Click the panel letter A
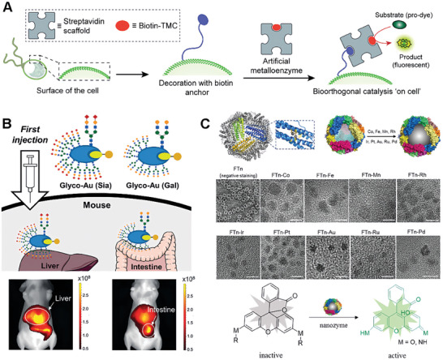(7, 7)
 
